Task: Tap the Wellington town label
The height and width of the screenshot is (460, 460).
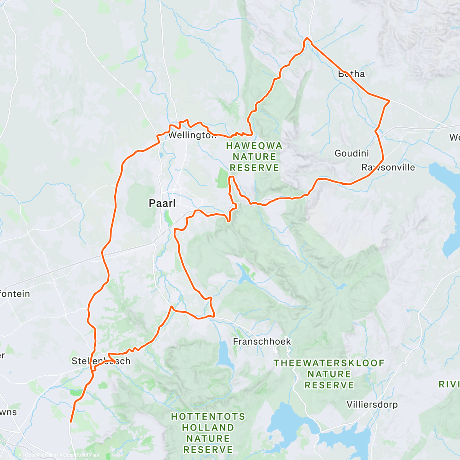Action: [x=192, y=135]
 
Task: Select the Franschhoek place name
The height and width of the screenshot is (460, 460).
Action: [x=262, y=341]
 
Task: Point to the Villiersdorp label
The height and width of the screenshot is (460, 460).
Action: [x=372, y=404]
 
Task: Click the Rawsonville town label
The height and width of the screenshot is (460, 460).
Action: [x=388, y=168]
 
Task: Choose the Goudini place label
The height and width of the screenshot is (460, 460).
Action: [x=352, y=153]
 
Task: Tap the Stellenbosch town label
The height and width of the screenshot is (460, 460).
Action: [x=101, y=361]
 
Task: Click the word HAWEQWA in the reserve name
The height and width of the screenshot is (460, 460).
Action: [x=254, y=146]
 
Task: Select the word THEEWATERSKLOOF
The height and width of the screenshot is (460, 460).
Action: [x=329, y=363]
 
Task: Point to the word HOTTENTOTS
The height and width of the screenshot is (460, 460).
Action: [x=208, y=416]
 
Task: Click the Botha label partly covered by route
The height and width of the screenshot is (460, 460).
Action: [x=352, y=74]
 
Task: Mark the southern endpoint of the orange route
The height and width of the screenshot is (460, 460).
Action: [x=71, y=422]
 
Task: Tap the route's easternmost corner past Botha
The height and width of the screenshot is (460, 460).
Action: [x=389, y=101]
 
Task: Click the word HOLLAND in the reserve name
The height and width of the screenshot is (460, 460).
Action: [x=208, y=427]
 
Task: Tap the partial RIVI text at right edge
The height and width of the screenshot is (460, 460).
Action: [x=449, y=384]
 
